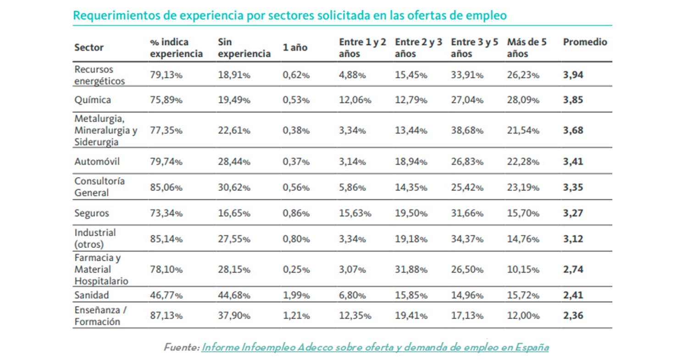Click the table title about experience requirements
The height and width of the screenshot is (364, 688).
[290, 16]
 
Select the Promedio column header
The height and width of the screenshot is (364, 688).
[585, 42]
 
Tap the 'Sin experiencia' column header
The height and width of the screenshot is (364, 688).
[244, 48]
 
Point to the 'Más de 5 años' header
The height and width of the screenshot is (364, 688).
[527, 48]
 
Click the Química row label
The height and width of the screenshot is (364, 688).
[93, 100]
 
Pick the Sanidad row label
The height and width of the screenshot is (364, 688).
[92, 295]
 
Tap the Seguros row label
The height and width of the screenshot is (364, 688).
[92, 213]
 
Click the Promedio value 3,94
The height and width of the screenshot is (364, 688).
[573, 75]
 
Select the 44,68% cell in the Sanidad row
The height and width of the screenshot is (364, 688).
[234, 295]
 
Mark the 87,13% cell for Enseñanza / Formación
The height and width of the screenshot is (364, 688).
[166, 316]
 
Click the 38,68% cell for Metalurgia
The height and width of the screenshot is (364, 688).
[467, 131]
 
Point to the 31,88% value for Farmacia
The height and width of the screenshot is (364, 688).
[411, 269]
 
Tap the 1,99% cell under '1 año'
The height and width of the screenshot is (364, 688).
[296, 295]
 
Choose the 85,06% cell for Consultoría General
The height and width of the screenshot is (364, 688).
[166, 187]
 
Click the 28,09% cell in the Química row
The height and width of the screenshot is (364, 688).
[523, 100]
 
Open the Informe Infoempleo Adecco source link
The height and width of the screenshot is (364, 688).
[375, 347]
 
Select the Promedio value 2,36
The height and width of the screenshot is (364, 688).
[573, 316]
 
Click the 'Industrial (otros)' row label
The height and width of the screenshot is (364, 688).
[95, 238]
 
